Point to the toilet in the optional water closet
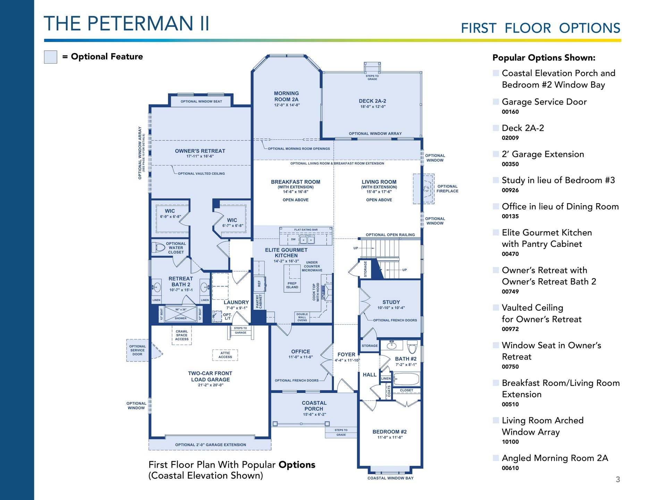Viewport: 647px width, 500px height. (x=159, y=248)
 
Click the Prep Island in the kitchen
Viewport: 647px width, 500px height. (x=292, y=277)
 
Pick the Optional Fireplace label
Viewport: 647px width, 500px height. (x=447, y=189)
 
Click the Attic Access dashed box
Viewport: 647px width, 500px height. (x=225, y=355)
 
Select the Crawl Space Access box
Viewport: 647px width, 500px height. (x=182, y=335)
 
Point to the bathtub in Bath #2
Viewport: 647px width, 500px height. (x=406, y=379)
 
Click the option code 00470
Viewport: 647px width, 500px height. (x=510, y=254)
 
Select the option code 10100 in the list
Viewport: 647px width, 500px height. (x=510, y=442)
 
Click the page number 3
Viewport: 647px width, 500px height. (x=618, y=480)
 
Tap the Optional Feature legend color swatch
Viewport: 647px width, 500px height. (x=50, y=57)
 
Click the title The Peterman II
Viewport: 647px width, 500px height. (x=126, y=24)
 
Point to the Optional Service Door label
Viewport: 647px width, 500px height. (x=137, y=350)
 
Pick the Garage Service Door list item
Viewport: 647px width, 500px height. (x=544, y=102)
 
